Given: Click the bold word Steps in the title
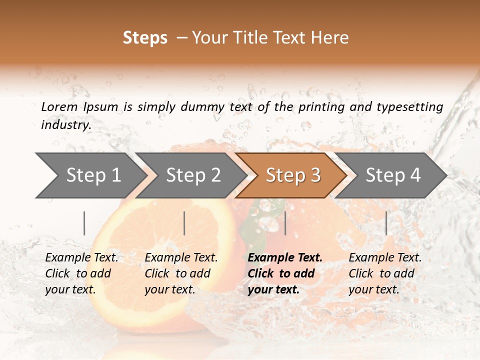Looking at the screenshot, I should pyautogui.click(x=145, y=38).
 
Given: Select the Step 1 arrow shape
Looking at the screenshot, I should pyautogui.click(x=90, y=175).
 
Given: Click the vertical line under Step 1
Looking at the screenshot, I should pyautogui.click(x=84, y=223).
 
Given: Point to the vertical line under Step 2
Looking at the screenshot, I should pyautogui.click(x=184, y=223).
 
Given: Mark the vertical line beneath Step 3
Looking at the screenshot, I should pyautogui.click(x=285, y=223).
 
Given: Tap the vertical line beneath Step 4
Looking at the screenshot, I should pyautogui.click(x=386, y=223).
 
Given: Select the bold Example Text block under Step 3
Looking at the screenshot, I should pyautogui.click(x=285, y=273).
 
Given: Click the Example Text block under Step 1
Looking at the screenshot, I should pyautogui.click(x=81, y=273).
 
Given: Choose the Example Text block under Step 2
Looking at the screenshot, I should pyautogui.click(x=181, y=273).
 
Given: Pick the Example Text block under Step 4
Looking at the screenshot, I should pyautogui.click(x=385, y=273).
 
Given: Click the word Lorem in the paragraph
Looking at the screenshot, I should pyautogui.click(x=59, y=106).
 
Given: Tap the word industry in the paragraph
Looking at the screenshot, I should pyautogui.click(x=66, y=125).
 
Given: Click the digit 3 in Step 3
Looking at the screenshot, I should pyautogui.click(x=315, y=175).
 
